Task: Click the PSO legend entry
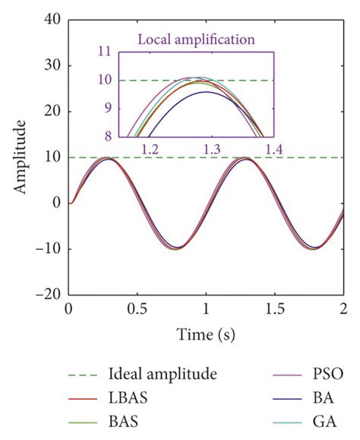[x=327, y=373]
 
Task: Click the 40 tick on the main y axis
[x=52, y=20]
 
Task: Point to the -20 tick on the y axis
[x=49, y=294]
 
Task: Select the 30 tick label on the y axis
[x=52, y=65]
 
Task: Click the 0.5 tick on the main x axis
[x=137, y=309]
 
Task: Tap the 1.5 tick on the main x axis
[x=275, y=309]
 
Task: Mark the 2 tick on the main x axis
[x=343, y=309]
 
